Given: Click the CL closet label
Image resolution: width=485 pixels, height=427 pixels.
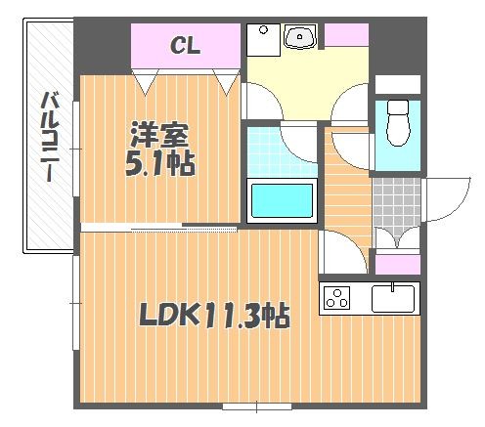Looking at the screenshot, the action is (185, 45).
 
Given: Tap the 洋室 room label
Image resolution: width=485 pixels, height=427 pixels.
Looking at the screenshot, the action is (159, 135).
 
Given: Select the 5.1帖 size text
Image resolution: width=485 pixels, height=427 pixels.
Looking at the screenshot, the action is (160, 164).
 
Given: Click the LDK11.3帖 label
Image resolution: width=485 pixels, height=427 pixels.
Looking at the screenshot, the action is (214, 315).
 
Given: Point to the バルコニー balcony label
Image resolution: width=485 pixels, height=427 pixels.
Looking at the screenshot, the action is (50, 137).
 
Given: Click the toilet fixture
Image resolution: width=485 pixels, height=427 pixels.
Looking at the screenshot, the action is (397, 123).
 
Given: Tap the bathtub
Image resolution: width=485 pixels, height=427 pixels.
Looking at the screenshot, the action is (282, 200).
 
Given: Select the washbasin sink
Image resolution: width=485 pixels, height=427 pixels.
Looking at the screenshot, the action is (300, 37).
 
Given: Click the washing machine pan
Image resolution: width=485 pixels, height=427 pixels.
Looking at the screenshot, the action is (263, 40).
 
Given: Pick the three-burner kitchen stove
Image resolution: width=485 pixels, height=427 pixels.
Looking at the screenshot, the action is (336, 298).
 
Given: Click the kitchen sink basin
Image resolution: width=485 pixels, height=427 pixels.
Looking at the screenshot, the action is (393, 299).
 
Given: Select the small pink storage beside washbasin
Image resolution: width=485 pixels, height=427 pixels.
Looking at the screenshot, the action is (346, 34).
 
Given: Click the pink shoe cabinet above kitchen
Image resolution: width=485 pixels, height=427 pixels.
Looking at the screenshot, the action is (398, 265).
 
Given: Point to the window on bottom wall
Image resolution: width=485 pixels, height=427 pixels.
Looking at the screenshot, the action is (257, 406).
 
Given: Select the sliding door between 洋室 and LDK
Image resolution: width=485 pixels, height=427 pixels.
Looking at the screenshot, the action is (159, 227).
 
